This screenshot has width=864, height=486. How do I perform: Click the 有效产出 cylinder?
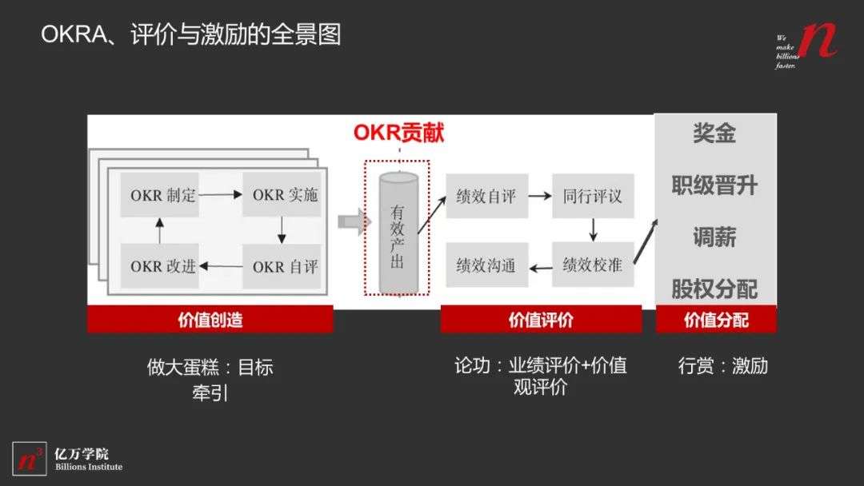click(x=398, y=232)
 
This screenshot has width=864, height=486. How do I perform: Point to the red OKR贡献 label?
click(x=398, y=133)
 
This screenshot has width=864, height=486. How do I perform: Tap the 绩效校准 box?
click(x=592, y=265)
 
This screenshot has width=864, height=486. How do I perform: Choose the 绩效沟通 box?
click(x=486, y=265)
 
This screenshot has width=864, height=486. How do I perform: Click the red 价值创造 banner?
click(x=210, y=321)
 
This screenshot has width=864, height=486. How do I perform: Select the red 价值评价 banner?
click(x=541, y=321)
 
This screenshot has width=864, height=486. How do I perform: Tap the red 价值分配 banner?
click(x=716, y=321)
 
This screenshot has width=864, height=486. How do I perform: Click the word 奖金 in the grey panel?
click(x=714, y=134)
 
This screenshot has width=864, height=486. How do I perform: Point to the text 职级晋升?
click(x=714, y=186)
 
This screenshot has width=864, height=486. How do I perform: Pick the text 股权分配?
click(x=714, y=289)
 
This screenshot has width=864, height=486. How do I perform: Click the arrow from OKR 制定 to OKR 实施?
click(x=222, y=195)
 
